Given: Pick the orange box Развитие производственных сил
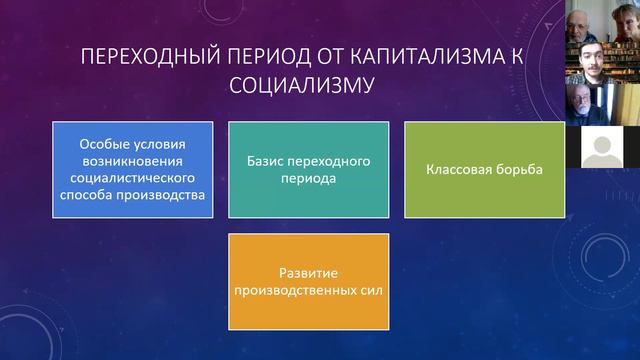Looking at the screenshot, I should click(x=308, y=281).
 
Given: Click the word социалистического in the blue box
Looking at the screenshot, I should click(x=133, y=177).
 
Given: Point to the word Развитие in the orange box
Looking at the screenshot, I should click(x=307, y=273).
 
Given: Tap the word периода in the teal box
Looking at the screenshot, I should click(x=308, y=178).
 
